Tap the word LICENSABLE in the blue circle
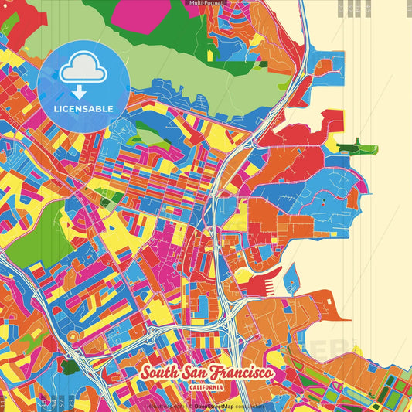[x=83, y=108]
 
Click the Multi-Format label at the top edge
[x=205, y=4]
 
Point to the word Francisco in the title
[x=240, y=373]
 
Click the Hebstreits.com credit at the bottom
[x=165, y=404]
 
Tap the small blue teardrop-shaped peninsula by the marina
[x=291, y=274]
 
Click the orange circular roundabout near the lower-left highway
[x=74, y=337]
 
